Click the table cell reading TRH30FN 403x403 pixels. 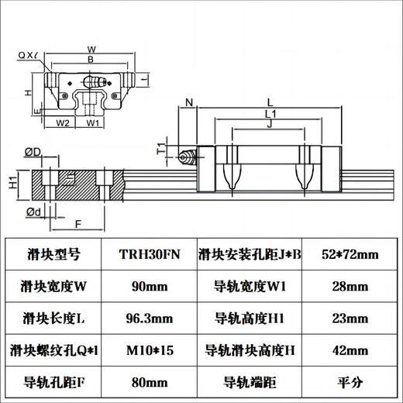coord(151,253)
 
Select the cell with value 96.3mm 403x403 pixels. coord(151,317)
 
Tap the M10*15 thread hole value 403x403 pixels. coord(151,349)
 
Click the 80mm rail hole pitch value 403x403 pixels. coord(151,381)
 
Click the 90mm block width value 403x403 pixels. coord(151,285)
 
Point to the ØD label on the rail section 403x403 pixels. coord(33,151)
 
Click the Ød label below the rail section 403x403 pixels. coord(33,212)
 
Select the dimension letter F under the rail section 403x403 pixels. coord(77,225)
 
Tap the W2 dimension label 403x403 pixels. coord(64,122)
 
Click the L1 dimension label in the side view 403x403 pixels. coord(270,113)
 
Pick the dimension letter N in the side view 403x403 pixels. coord(190,102)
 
